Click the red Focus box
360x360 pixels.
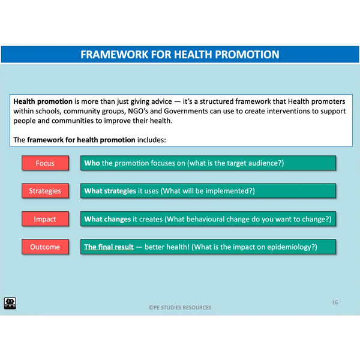(45, 163)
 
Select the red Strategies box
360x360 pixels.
(45, 191)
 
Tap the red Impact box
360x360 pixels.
(45, 219)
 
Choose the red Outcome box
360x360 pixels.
(45, 247)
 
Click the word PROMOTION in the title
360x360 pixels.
(247, 55)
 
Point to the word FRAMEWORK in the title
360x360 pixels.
(115, 55)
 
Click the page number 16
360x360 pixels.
(335, 302)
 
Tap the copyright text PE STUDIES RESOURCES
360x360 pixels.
(180, 307)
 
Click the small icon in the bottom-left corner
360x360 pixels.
(10, 303)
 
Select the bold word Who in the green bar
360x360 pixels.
(92, 163)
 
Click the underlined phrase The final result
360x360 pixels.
(109, 247)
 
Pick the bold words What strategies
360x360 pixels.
(110, 191)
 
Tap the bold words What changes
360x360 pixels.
(107, 219)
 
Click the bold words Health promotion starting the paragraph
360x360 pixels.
(43, 101)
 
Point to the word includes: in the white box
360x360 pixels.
(152, 140)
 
